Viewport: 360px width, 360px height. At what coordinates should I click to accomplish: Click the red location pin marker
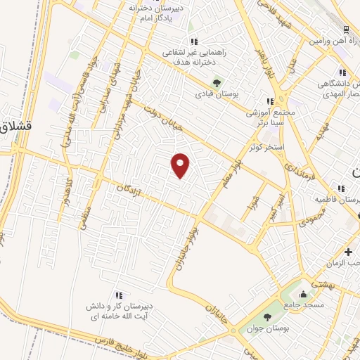181,165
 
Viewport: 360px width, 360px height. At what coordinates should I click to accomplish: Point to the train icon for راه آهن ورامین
346,30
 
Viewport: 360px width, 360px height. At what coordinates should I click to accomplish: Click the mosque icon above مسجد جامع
303,294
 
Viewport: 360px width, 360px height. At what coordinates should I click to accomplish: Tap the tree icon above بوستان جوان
267,317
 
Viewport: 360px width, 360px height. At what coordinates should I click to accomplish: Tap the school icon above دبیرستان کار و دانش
118,295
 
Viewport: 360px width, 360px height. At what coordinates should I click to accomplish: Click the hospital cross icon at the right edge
349,252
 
